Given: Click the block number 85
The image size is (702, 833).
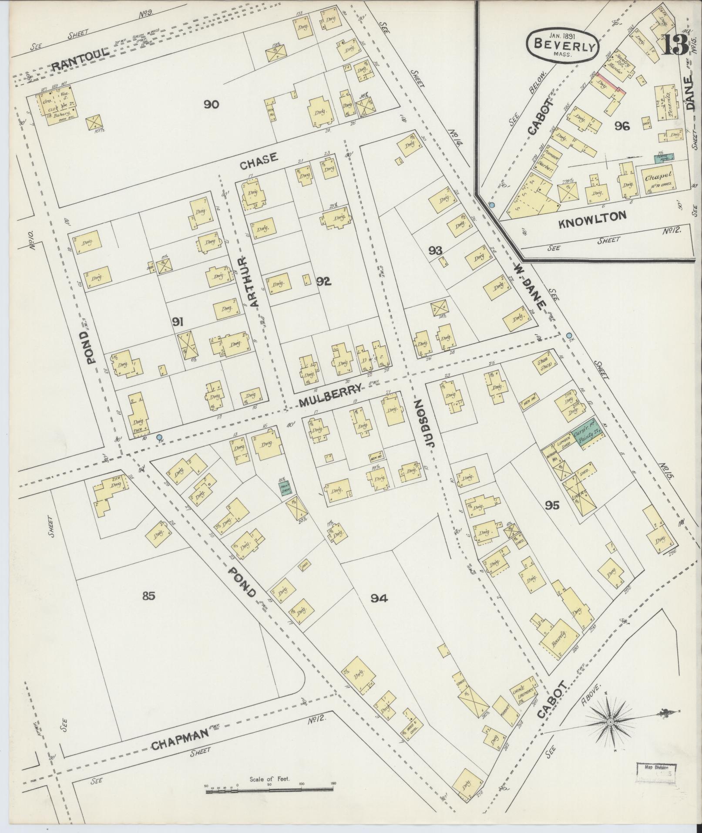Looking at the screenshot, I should [148, 596].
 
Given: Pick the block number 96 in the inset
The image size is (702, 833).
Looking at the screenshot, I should [622, 126].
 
